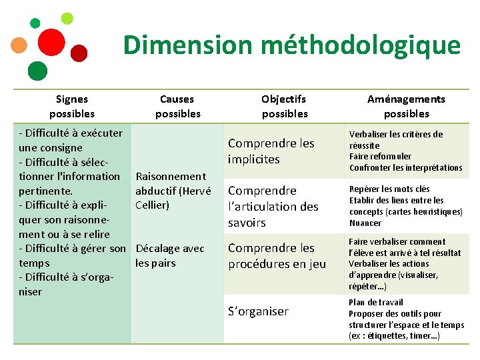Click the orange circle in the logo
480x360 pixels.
click(x=20, y=45)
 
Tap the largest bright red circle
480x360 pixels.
click(x=51, y=42)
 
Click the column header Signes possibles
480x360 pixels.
click(x=72, y=106)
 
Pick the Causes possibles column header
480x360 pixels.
click(x=177, y=106)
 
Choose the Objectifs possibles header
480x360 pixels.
click(x=284, y=106)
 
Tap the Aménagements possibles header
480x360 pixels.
click(x=406, y=106)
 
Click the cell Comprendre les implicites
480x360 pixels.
click(x=271, y=151)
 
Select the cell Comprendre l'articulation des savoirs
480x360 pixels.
click(x=273, y=207)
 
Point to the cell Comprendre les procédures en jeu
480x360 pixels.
click(x=277, y=256)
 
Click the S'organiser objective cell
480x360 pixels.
click(x=258, y=311)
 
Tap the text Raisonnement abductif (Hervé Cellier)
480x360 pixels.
click(x=173, y=191)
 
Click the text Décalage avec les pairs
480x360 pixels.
click(x=170, y=255)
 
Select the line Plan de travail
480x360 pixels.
click(x=375, y=303)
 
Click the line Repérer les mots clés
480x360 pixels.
click(x=389, y=189)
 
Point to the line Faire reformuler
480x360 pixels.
click(x=380, y=157)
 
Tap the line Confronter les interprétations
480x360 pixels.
click(x=405, y=168)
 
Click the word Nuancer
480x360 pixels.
click(x=365, y=223)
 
